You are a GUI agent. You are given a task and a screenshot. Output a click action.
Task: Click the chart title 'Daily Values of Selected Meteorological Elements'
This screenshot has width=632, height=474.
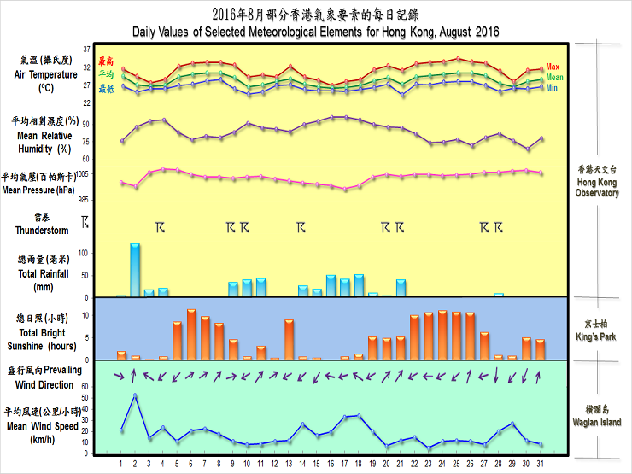point(315,32)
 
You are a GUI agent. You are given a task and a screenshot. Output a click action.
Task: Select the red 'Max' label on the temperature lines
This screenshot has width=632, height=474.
point(553,67)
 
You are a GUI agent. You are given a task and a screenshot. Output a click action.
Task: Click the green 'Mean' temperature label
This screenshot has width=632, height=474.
point(554,77)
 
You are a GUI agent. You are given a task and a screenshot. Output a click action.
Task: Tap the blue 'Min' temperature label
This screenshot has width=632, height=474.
point(553,87)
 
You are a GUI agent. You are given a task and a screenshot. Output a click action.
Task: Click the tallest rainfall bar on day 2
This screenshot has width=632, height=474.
point(135,270)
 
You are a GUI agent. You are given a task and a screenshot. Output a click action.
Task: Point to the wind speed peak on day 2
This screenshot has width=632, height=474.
point(135,395)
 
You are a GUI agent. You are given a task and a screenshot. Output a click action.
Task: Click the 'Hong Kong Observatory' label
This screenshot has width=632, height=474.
point(598,181)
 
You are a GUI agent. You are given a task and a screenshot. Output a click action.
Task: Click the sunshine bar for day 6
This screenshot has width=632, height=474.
point(191,334)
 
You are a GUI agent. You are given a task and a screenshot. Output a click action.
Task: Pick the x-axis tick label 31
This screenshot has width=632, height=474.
point(540,464)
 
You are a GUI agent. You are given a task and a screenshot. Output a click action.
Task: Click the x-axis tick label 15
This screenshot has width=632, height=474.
point(317,464)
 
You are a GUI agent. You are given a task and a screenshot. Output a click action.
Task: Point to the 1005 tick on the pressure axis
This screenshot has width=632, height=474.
point(82,173)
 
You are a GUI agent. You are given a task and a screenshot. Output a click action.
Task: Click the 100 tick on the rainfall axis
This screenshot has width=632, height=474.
point(82,253)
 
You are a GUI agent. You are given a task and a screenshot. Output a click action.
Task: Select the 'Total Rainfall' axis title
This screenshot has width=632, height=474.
point(44,274)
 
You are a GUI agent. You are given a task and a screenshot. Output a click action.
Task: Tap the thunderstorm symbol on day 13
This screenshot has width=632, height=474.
point(301,227)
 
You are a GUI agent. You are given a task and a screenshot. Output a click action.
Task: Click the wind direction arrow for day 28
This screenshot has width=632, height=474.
point(498,375)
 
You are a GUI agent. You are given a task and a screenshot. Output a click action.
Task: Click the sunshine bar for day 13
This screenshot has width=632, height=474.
point(290,339)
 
